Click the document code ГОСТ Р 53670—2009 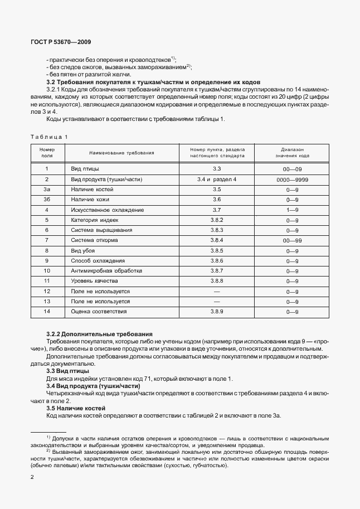coord(61,42)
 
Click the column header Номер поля coord(47,153)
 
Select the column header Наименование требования coord(121,153)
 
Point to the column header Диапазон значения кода coord(292,153)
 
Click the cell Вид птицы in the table coord(85,168)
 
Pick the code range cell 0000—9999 coord(292,179)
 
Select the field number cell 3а coord(47,189)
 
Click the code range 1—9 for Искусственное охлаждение coord(292,210)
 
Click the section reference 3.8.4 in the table coord(217,240)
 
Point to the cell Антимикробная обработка coord(103,270)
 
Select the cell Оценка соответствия coord(99,311)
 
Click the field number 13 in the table coord(47,301)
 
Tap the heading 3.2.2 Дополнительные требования coord(99,333)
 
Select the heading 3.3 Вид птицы coord(67,371)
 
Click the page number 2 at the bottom coord(32,477)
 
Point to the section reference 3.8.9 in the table coord(217,311)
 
